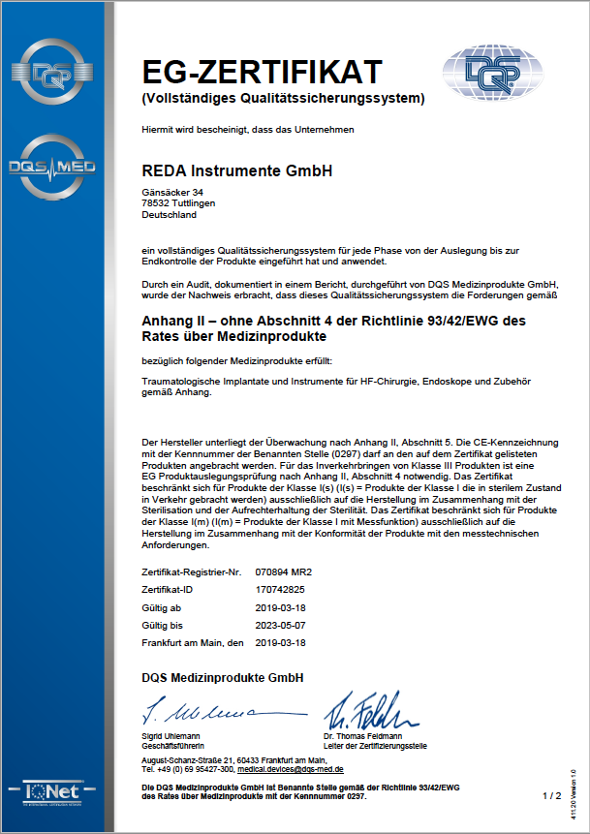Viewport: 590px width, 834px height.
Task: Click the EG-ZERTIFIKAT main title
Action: tap(262, 73)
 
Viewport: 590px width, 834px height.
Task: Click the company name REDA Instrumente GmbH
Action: tap(236, 170)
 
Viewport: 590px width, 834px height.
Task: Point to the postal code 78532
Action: tap(154, 203)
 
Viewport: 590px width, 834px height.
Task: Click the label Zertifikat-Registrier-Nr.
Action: tap(191, 573)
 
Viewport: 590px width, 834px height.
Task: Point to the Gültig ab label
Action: tap(163, 607)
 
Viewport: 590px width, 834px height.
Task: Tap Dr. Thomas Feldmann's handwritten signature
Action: tap(363, 715)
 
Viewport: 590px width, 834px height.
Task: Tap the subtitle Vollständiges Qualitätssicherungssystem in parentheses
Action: tap(283, 98)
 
